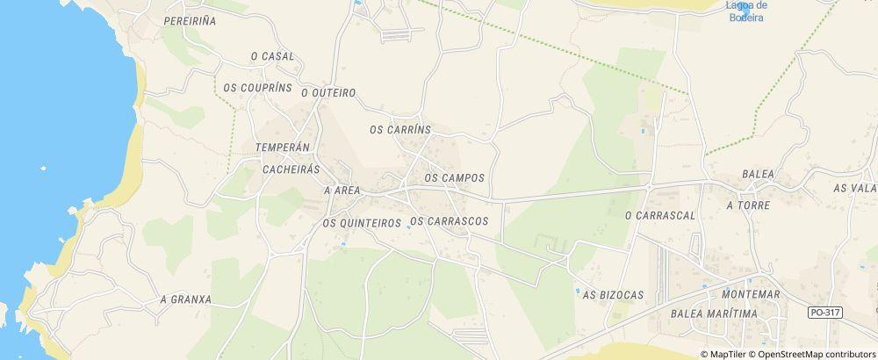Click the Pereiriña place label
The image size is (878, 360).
click(x=191, y=18)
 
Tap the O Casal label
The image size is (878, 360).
click(x=272, y=56)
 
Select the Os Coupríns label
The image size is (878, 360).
click(x=257, y=88)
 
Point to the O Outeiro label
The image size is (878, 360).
click(x=327, y=92)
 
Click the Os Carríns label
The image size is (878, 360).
click(x=400, y=129)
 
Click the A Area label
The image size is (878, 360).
click(x=342, y=190)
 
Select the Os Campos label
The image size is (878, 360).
click(x=454, y=177)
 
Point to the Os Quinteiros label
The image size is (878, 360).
click(x=362, y=223)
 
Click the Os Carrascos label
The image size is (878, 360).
click(x=449, y=221)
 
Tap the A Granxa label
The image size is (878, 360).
click(x=185, y=299)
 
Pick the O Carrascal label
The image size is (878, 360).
click(x=659, y=215)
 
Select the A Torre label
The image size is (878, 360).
click(x=748, y=205)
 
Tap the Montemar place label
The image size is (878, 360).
click(x=748, y=294)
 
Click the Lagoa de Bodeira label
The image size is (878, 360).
click(x=745, y=11)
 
